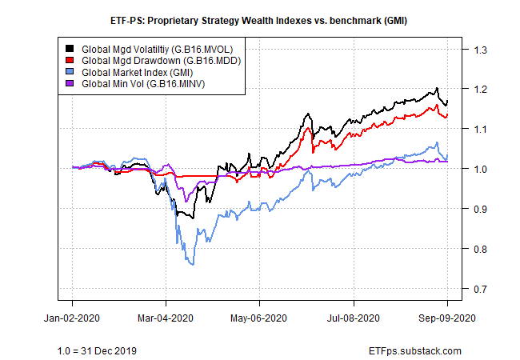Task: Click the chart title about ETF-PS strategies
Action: (258, 21)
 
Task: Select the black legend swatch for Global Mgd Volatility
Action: (70, 49)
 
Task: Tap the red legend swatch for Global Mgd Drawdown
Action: (70, 60)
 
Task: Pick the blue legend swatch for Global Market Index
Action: (70, 72)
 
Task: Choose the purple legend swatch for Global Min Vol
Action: (70, 83)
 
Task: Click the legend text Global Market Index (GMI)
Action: (138, 72)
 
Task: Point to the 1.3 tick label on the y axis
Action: (480, 50)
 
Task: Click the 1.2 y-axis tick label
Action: (480, 89)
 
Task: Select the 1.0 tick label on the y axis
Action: (480, 169)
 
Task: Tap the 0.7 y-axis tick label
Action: (480, 289)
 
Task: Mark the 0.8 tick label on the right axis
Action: (480, 249)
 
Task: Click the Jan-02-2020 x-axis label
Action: (72, 318)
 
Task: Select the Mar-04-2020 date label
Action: (166, 318)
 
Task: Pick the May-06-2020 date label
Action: (258, 318)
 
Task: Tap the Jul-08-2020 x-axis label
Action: (353, 318)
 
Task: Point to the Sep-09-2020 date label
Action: (447, 318)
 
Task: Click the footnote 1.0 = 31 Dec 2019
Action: (97, 350)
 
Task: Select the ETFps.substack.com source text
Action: (415, 350)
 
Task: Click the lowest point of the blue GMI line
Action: (193, 265)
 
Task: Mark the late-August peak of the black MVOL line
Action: (437, 88)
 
